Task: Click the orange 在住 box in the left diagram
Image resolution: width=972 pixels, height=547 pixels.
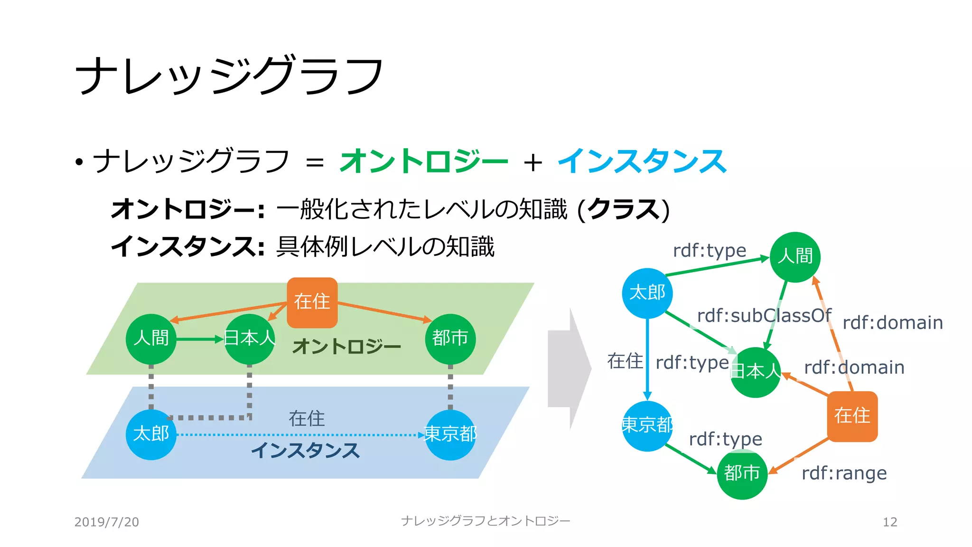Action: click(312, 302)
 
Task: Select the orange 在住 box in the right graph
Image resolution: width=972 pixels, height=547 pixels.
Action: click(852, 416)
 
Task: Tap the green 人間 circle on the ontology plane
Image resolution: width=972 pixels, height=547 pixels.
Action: click(151, 339)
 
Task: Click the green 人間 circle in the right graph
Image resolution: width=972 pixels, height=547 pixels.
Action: click(795, 257)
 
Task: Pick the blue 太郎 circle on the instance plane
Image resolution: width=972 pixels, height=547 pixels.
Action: click(151, 434)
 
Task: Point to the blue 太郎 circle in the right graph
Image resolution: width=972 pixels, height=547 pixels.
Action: click(647, 293)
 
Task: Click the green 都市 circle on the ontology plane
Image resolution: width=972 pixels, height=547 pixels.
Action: click(450, 339)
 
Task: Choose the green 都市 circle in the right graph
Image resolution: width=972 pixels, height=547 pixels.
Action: click(742, 473)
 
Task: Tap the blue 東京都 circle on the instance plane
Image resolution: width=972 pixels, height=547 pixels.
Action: click(450, 434)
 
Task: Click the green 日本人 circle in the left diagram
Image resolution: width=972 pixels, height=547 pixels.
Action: click(249, 339)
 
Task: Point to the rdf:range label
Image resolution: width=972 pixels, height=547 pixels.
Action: click(844, 473)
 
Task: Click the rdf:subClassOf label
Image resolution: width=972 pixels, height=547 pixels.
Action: click(764, 316)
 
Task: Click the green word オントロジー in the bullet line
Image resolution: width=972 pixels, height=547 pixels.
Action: click(423, 161)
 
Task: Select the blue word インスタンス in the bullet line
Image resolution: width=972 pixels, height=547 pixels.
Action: click(642, 161)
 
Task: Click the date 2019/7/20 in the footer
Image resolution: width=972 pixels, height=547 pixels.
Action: click(106, 522)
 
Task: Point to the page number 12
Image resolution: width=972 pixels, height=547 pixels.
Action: click(889, 522)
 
